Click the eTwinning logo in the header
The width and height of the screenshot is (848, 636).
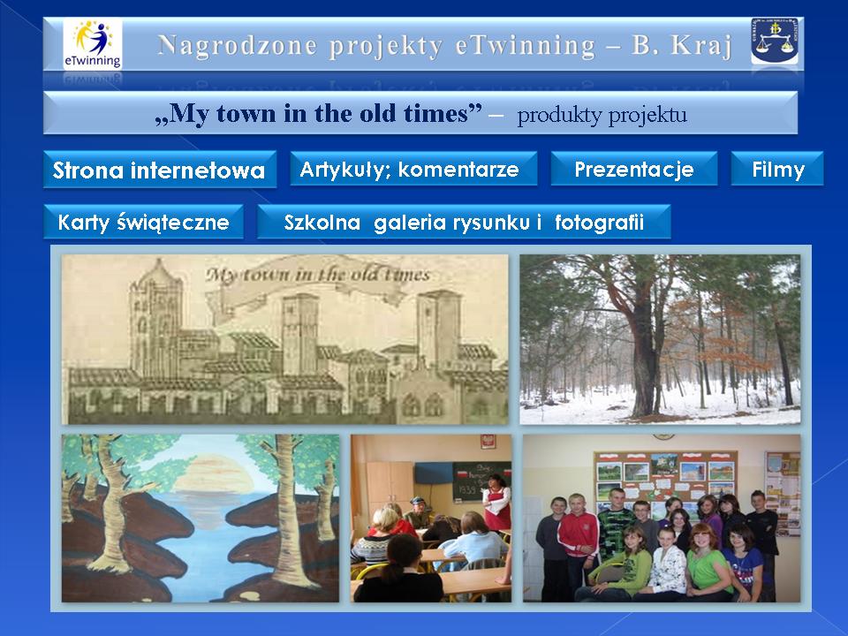pos(93,44)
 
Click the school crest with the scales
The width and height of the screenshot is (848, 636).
pos(775,42)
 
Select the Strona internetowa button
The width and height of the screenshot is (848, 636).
pos(160,170)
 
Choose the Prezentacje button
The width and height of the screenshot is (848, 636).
pos(634,170)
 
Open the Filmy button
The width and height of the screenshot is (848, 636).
pos(777,170)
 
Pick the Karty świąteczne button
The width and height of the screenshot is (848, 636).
pos(143,222)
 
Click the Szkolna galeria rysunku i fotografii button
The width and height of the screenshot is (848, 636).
pos(464,222)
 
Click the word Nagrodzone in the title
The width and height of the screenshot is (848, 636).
pos(238,45)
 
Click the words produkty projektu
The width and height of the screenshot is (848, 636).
pos(602,115)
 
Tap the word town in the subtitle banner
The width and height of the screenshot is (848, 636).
pos(246,113)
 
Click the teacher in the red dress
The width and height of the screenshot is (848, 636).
pos(497,503)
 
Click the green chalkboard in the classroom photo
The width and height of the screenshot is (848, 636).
pos(481,481)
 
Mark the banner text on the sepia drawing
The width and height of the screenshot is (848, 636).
pos(318,274)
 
